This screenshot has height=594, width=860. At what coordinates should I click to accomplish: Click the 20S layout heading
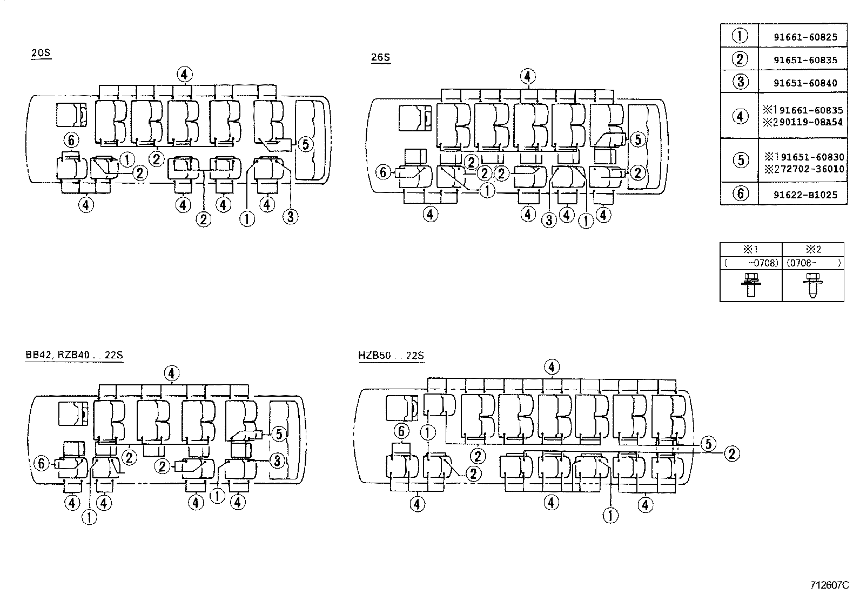(41, 54)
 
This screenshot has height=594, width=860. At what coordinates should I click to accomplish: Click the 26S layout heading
(380, 58)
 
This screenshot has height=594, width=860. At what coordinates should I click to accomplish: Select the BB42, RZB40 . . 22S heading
(74, 355)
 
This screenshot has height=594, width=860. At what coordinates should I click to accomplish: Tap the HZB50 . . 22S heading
(391, 356)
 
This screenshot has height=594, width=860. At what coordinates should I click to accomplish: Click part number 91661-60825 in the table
(805, 37)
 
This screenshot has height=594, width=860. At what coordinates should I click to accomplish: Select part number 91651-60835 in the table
(805, 60)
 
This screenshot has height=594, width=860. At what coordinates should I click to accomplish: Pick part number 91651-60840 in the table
(805, 83)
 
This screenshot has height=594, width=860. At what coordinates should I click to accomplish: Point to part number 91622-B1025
(805, 195)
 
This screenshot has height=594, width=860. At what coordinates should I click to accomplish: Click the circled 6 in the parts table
(740, 194)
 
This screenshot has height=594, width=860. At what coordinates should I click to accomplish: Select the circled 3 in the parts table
(740, 82)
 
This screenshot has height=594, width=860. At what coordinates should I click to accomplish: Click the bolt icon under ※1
(750, 284)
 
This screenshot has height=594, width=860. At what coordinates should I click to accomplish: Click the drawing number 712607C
(829, 585)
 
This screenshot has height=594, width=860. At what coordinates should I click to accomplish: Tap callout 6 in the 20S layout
(71, 141)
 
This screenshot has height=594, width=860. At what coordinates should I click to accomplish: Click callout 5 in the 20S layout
(305, 144)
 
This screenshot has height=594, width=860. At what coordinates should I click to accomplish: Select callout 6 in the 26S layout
(383, 172)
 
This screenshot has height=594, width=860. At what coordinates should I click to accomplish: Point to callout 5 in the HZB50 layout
(708, 444)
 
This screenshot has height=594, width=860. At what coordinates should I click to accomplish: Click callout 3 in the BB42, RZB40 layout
(277, 460)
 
